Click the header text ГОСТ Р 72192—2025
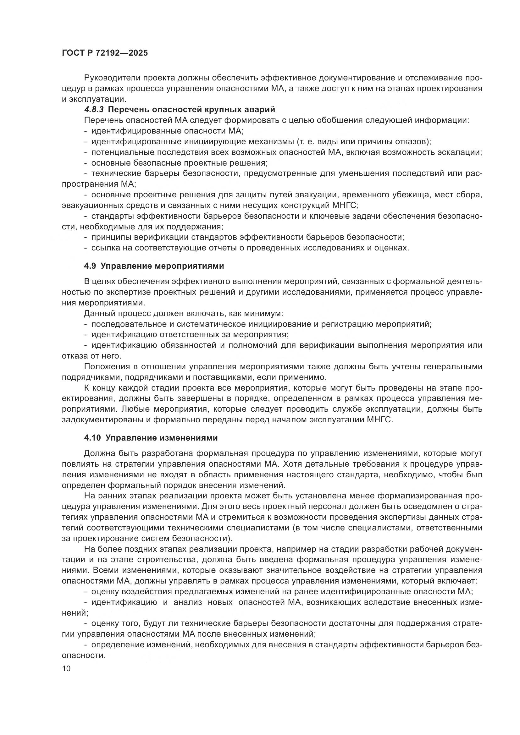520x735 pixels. pos(105,53)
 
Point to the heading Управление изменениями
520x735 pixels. pos(161,438)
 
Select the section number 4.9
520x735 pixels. pos(90,266)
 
